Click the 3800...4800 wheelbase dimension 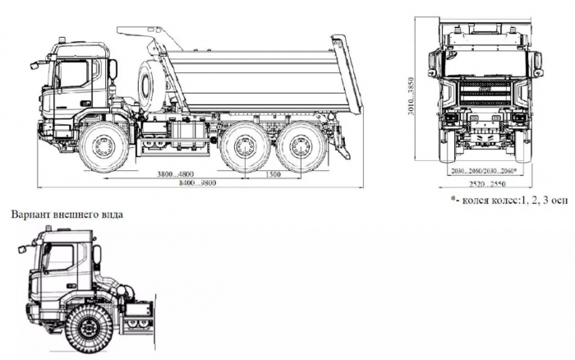coord(177,174)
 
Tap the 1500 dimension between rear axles coord(270,174)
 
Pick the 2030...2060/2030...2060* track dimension coord(485,171)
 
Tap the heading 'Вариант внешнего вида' coord(67,215)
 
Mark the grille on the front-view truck coord(485,90)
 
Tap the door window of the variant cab coord(58,261)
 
